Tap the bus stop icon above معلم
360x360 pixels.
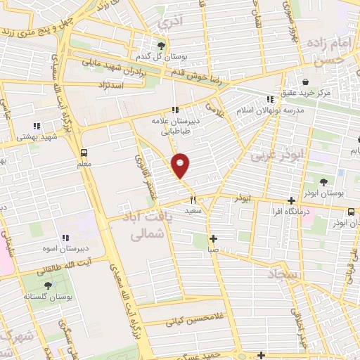(x=84, y=152)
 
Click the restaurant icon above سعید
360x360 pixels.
(x=192, y=200)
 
